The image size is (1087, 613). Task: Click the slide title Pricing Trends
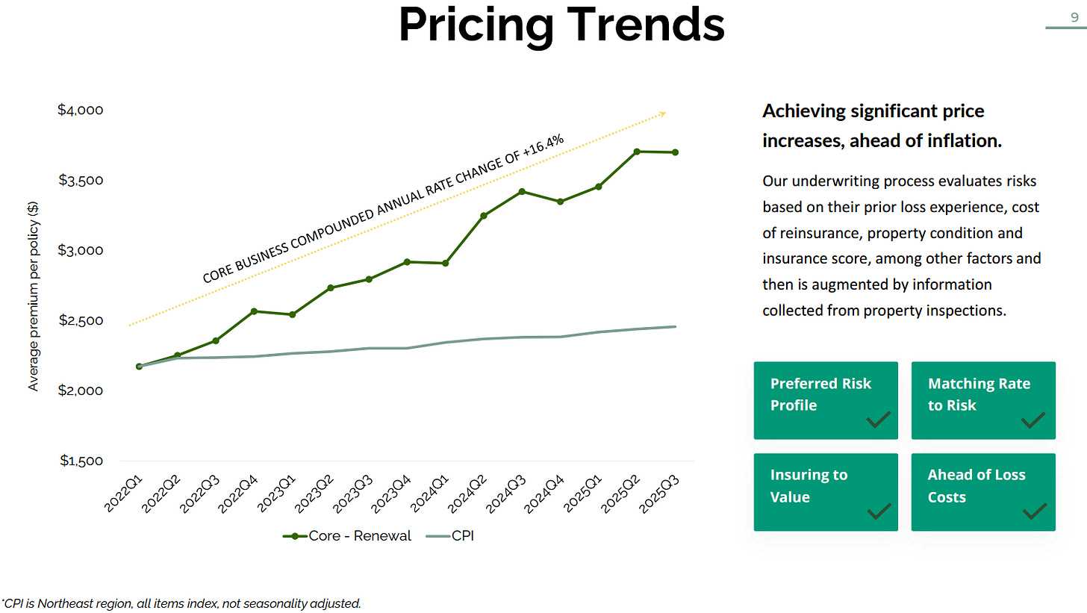(561, 25)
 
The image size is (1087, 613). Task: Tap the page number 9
(1074, 18)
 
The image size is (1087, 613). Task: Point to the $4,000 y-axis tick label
(80, 111)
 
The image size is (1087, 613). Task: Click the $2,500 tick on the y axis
(80, 321)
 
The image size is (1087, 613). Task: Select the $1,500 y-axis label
(80, 461)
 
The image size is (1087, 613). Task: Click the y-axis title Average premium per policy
(33, 306)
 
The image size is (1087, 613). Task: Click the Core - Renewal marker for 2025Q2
(637, 152)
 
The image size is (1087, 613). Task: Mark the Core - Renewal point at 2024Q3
(522, 192)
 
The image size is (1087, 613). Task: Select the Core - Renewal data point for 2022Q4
(254, 311)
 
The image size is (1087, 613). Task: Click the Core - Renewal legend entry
(346, 535)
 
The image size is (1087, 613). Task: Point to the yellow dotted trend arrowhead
(662, 113)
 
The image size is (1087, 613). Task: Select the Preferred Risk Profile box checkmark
(878, 420)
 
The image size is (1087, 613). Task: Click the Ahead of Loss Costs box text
(976, 486)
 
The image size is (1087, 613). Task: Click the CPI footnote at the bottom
(181, 603)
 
